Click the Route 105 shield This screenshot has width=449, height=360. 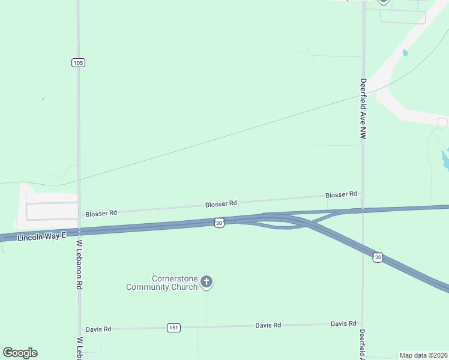(x=78, y=62)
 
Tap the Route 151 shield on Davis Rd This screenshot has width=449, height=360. (x=173, y=327)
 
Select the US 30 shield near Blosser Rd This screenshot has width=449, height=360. (x=219, y=223)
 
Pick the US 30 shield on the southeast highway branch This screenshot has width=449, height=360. (x=378, y=257)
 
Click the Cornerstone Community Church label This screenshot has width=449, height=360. (x=162, y=283)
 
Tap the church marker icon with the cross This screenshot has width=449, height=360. (x=206, y=281)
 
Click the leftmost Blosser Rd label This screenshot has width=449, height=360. (x=101, y=213)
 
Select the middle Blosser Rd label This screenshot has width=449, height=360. (x=221, y=204)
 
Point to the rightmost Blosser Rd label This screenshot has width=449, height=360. (x=341, y=194)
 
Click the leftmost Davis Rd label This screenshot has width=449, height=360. (x=98, y=329)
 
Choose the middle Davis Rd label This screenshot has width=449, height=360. (x=268, y=325)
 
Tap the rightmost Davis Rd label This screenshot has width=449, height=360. (x=343, y=324)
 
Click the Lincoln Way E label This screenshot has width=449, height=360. (x=41, y=237)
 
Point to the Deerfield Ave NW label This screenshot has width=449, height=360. (x=363, y=109)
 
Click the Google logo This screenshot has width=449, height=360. (x=20, y=353)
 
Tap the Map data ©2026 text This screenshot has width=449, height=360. (x=423, y=355)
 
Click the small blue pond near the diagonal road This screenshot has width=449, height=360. (x=405, y=52)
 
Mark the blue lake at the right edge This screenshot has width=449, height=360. (x=445, y=158)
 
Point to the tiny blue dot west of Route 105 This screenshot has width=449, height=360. (x=43, y=98)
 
